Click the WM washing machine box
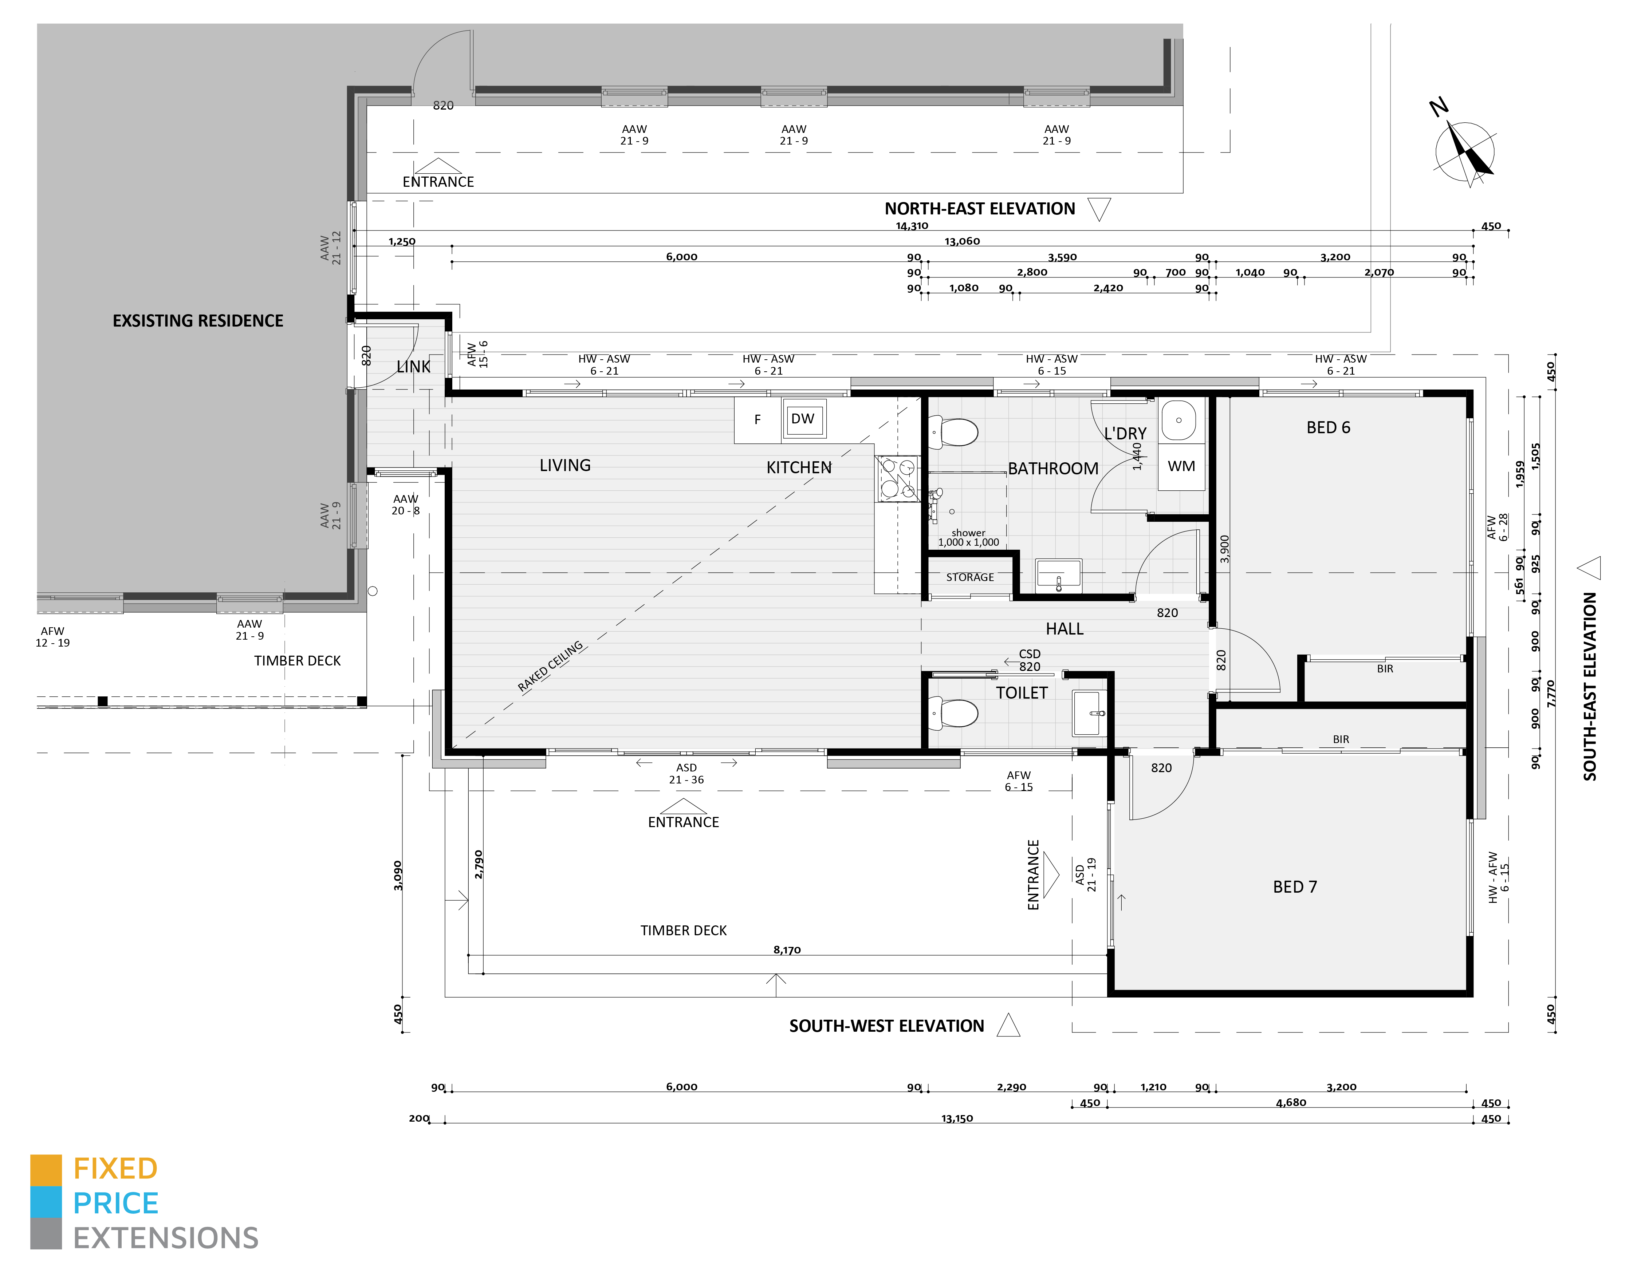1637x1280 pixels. pyautogui.click(x=1181, y=466)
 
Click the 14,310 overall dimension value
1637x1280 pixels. pyautogui.click(x=912, y=226)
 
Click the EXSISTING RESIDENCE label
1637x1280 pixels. pyautogui.click(x=198, y=321)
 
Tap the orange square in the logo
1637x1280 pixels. pyautogui.click(x=46, y=1170)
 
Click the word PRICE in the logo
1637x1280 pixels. pyautogui.click(x=115, y=1204)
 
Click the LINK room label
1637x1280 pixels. pyautogui.click(x=413, y=367)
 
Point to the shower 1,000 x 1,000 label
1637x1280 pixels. pyautogui.click(x=968, y=537)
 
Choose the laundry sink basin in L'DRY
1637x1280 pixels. pyautogui.click(x=1179, y=420)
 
